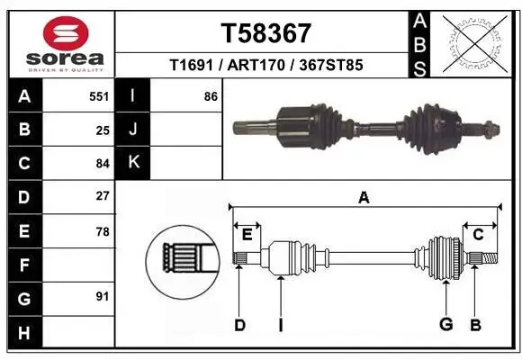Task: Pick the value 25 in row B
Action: tap(102, 130)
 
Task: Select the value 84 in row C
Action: tap(102, 163)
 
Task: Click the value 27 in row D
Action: tap(102, 196)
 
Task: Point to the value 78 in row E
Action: tap(102, 230)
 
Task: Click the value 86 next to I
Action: tap(211, 96)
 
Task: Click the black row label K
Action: tap(133, 163)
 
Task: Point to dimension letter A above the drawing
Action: tap(364, 197)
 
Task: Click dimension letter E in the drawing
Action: tap(247, 234)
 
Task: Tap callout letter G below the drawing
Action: tap(445, 325)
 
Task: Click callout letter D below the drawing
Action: tap(239, 325)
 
